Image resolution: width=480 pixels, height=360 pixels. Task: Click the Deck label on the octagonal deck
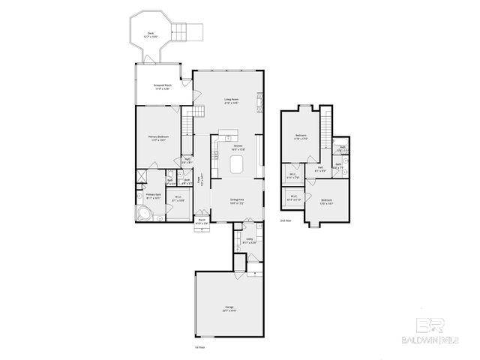click(150, 34)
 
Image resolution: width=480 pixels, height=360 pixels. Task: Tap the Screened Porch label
click(157, 87)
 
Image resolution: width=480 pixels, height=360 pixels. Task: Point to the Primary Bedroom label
click(157, 139)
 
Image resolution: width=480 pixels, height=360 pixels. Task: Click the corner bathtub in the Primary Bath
click(143, 214)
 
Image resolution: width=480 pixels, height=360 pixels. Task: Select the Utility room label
click(249, 241)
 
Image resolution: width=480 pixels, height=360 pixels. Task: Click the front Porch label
click(201, 222)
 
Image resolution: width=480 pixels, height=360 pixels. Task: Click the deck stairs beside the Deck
click(184, 32)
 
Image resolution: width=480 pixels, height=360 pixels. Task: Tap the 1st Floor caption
click(199, 347)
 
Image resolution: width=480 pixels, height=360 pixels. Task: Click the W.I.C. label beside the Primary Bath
click(179, 200)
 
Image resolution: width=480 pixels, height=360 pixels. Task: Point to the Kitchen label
click(238, 147)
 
